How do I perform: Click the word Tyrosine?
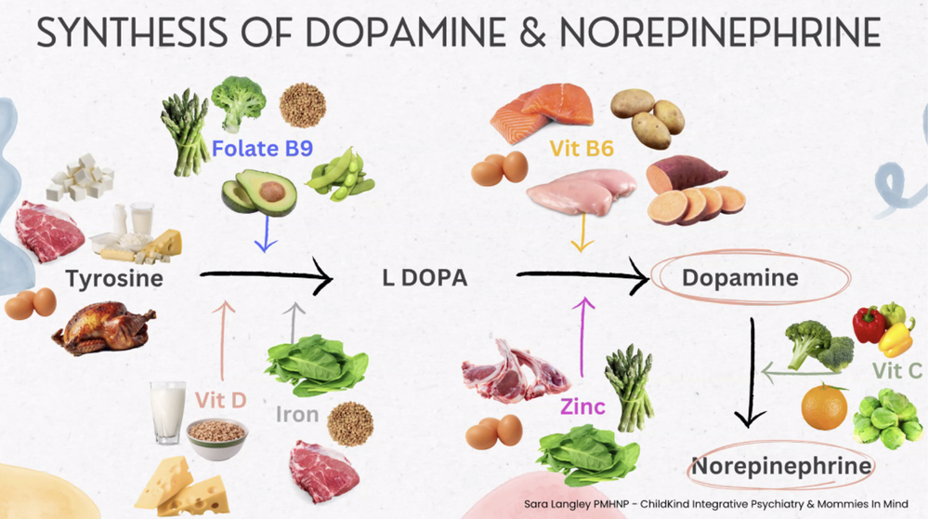[x=114, y=278]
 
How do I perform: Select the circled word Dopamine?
[x=739, y=277]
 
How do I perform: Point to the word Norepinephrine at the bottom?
[x=782, y=465]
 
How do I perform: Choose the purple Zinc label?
[x=582, y=406]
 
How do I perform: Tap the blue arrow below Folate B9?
[x=266, y=235]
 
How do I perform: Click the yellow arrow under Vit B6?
[x=582, y=233]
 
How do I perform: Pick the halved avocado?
[x=259, y=193]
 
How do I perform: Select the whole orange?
[x=823, y=407]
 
